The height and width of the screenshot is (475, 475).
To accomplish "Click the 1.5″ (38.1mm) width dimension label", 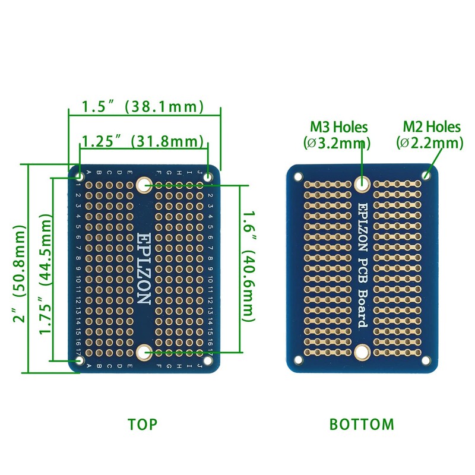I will point(143,107).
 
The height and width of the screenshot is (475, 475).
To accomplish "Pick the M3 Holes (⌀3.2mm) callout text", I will point(339,135).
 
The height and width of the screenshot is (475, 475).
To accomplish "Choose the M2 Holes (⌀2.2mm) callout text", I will point(431,135).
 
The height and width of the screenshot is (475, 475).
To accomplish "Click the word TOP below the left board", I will point(142,425).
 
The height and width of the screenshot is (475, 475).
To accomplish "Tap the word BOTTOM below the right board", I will point(362,425).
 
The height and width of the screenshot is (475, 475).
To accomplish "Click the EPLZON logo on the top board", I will point(144,268).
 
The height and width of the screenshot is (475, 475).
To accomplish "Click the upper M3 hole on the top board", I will point(143,185).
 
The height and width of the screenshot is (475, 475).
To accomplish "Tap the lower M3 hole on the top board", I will point(143,353).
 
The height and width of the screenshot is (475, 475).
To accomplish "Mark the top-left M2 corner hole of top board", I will point(80,176).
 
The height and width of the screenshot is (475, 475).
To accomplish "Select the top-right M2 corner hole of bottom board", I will point(426,176).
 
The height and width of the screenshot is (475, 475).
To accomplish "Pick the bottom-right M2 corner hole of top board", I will point(208,360).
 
